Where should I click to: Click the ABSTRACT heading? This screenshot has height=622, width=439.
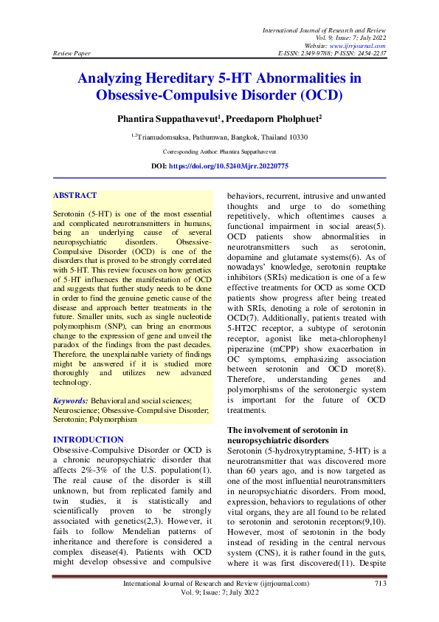pyautogui.click(x=75, y=196)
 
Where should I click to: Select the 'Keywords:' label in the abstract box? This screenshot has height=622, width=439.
pyautogui.click(x=71, y=400)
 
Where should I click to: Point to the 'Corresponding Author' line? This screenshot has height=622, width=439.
pyautogui.click(x=219, y=151)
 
